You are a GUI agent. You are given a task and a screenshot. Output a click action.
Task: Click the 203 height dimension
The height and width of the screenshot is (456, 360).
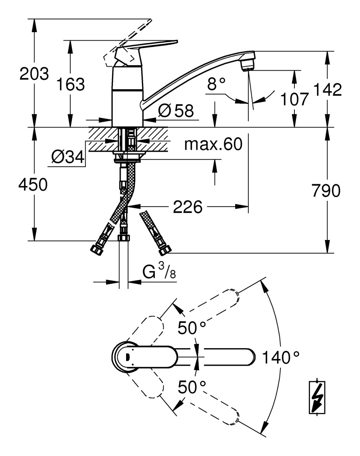pos(34,74)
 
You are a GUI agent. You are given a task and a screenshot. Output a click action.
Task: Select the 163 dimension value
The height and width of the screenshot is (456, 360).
pos(70,84)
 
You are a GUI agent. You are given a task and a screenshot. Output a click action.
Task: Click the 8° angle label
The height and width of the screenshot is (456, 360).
pos(216,84)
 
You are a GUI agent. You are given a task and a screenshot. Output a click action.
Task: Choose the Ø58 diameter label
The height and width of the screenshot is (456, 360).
pos(175,111)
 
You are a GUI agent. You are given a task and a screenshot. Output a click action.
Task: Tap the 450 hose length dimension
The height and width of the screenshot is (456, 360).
pos(33,185)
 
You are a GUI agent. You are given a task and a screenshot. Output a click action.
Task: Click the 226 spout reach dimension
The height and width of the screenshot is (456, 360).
pos(188,207)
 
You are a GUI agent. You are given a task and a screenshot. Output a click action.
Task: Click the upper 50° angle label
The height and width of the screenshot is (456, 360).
pos(192,328)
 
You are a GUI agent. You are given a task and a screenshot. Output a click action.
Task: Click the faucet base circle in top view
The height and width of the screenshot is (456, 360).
pos(125,356)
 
